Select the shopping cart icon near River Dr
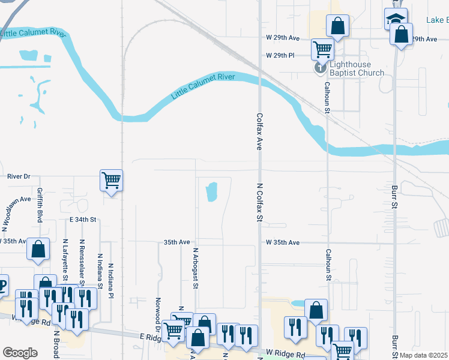(x=112, y=180)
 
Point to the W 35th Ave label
(x=283, y=242)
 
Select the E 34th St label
(x=83, y=220)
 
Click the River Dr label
(x=19, y=176)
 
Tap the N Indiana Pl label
(x=111, y=280)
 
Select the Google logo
(x=20, y=352)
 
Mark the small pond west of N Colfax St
(x=211, y=192)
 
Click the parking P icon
(x=2, y=285)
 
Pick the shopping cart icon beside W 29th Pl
(x=322, y=49)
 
